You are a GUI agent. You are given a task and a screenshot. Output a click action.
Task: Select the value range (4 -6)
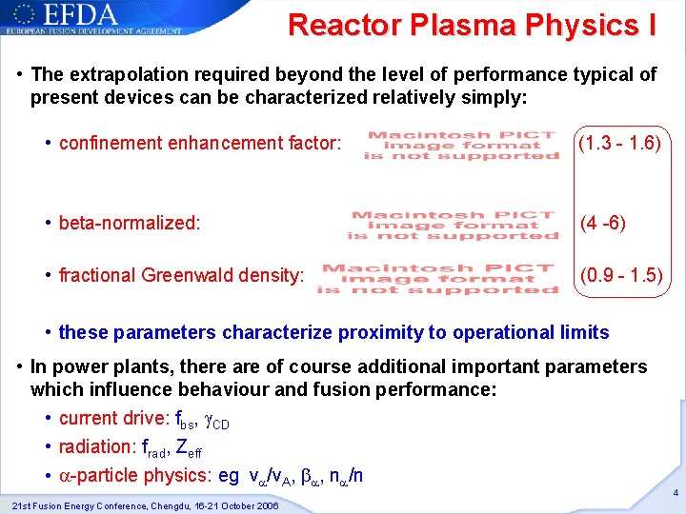(603, 224)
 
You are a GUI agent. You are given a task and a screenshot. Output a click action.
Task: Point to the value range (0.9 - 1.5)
(622, 276)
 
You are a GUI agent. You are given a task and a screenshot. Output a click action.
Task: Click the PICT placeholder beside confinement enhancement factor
(461, 146)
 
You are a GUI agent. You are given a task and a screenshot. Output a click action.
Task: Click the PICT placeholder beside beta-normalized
(453, 226)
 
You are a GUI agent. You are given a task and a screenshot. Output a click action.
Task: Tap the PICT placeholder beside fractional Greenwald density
(437, 278)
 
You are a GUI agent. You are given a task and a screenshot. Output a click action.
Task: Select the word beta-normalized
(130, 224)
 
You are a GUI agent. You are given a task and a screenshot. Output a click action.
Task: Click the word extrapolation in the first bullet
(123, 74)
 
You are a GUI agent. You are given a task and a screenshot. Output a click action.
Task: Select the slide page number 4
(674, 494)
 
